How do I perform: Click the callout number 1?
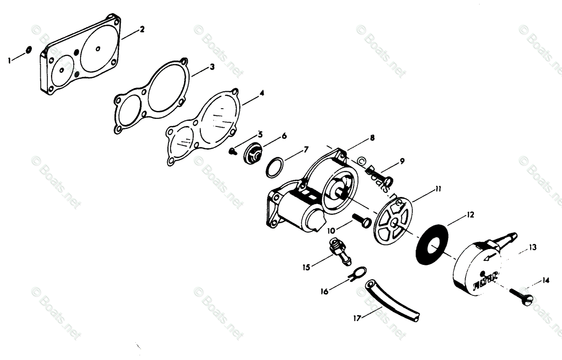[9, 59]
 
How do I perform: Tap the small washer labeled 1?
[28, 50]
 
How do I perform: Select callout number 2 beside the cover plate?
[142, 29]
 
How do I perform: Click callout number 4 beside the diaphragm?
[261, 93]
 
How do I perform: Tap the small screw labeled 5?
[233, 151]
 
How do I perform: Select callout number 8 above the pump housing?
[372, 138]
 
